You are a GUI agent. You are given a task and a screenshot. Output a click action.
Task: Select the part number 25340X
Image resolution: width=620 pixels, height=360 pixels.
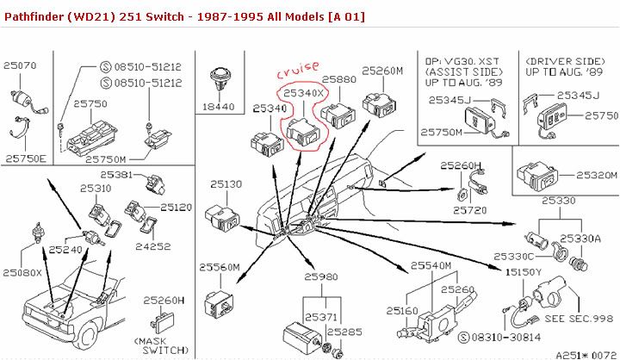[x=301, y=91]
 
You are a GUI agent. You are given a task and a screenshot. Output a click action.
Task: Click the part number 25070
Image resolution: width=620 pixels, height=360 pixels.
[x=20, y=65]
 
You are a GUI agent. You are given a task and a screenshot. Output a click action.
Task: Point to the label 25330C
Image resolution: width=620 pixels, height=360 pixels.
[x=515, y=256]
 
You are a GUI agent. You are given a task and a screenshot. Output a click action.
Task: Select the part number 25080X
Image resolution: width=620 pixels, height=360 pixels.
[x=22, y=272]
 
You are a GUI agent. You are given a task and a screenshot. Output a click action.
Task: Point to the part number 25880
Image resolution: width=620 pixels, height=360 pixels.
[x=338, y=79]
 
